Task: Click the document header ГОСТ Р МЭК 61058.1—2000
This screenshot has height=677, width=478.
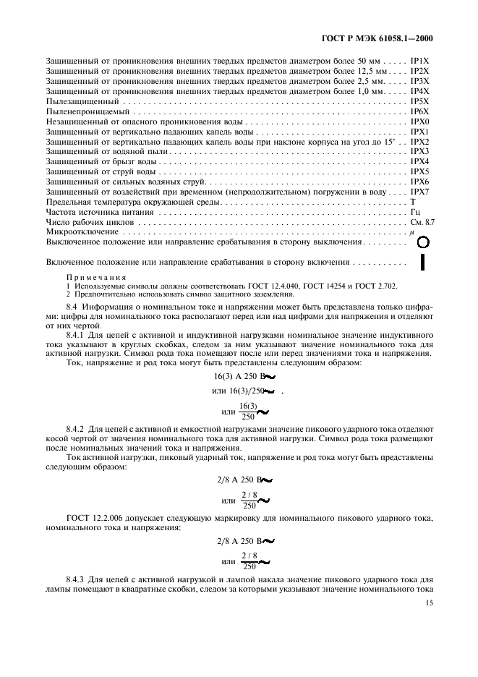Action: (x=382, y=39)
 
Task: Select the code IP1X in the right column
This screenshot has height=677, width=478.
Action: (x=420, y=61)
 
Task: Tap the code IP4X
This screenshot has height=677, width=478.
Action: (x=420, y=92)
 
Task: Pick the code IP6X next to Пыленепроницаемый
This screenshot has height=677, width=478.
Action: (x=420, y=112)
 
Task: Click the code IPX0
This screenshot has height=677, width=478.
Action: (x=420, y=122)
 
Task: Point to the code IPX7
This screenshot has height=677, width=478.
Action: (x=420, y=192)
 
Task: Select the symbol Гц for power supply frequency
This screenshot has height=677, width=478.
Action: (x=415, y=213)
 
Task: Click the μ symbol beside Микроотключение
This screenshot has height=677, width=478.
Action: (x=411, y=233)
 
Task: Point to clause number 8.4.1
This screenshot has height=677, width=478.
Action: (x=75, y=336)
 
